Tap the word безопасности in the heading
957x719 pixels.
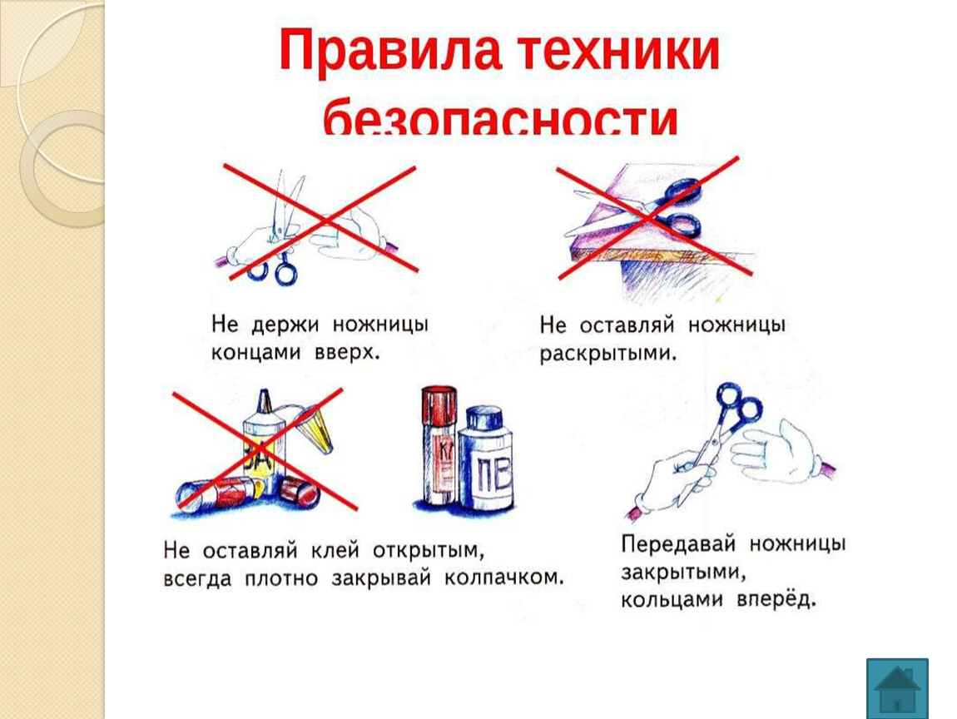[x=500, y=120]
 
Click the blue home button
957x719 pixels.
[x=897, y=688]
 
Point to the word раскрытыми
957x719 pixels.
[x=607, y=354]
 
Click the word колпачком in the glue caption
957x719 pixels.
[x=503, y=578]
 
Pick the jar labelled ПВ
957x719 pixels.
[x=486, y=459]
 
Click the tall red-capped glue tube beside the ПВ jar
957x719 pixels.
[x=439, y=447]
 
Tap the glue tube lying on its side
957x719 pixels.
[x=220, y=493]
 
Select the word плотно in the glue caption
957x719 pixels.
[x=281, y=578]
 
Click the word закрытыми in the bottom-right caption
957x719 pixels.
[x=683, y=573]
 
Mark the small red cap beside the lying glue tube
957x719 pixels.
[x=299, y=492]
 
